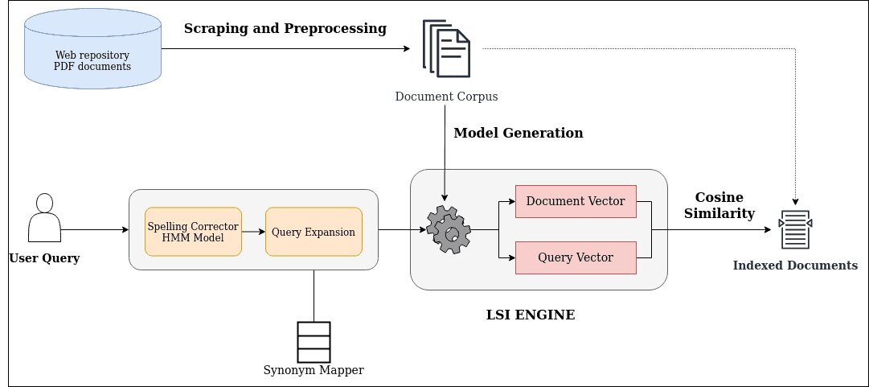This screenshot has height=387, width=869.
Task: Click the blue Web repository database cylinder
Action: tap(92, 49)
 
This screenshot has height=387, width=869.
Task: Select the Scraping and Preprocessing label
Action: tap(285, 29)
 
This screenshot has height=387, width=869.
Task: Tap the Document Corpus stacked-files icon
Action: tap(446, 49)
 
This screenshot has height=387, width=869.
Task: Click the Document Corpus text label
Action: tap(446, 97)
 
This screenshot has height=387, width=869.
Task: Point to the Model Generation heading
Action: tap(519, 133)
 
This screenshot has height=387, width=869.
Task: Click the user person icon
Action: tap(44, 218)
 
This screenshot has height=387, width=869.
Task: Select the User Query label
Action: tap(44, 258)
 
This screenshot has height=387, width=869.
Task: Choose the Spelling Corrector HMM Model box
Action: tap(193, 232)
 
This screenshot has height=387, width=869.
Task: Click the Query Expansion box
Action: tap(314, 232)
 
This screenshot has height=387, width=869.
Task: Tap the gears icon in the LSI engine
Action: tap(448, 230)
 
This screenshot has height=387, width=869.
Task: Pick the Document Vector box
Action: tap(576, 201)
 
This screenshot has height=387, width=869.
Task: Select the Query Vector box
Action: tap(576, 257)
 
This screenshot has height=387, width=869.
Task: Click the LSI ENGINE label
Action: tap(531, 315)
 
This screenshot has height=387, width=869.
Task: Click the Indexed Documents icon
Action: tap(795, 230)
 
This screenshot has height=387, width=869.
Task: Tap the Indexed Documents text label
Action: tap(795, 266)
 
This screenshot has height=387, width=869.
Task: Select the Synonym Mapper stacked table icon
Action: tap(314, 342)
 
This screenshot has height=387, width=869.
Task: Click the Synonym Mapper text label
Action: tap(314, 371)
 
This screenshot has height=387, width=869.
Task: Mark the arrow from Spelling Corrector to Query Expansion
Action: tap(253, 232)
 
